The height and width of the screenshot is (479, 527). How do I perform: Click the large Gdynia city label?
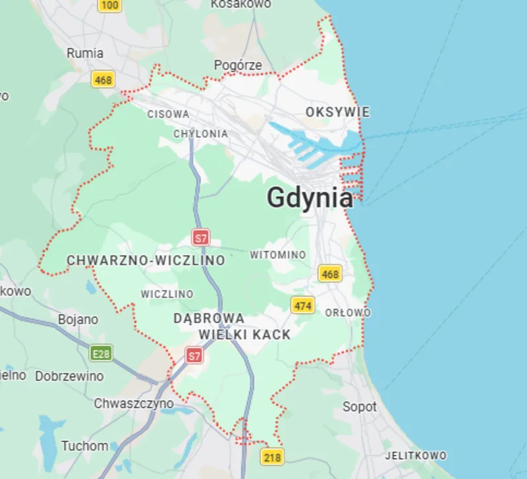310,198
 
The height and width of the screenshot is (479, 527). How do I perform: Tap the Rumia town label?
85,53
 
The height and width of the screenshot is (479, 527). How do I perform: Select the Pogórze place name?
238,65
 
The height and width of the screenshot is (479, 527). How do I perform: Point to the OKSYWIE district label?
337,113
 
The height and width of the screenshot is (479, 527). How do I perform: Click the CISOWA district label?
168,114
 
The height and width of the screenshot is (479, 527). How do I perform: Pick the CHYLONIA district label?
200,134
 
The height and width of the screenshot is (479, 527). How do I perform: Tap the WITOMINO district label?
277,254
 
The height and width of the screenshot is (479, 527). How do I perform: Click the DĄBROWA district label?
209,318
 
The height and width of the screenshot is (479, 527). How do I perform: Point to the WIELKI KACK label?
244,335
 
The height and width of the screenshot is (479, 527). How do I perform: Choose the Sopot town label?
360,407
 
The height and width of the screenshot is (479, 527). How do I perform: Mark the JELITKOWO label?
416,455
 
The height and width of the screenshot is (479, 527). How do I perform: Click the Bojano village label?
78,320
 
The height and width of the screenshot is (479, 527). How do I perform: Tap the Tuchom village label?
84,446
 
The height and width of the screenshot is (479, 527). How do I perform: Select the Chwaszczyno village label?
134,403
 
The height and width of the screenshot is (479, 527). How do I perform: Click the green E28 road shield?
101,354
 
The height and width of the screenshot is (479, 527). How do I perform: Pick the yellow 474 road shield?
303,305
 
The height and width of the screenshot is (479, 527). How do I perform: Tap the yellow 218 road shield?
272,457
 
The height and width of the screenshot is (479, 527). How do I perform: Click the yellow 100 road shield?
110,5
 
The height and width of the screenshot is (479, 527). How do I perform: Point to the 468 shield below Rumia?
103,80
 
